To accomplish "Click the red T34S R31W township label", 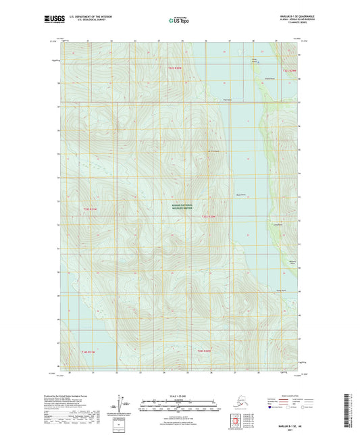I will [x=89, y=352].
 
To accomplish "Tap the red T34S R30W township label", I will [x=204, y=351].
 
